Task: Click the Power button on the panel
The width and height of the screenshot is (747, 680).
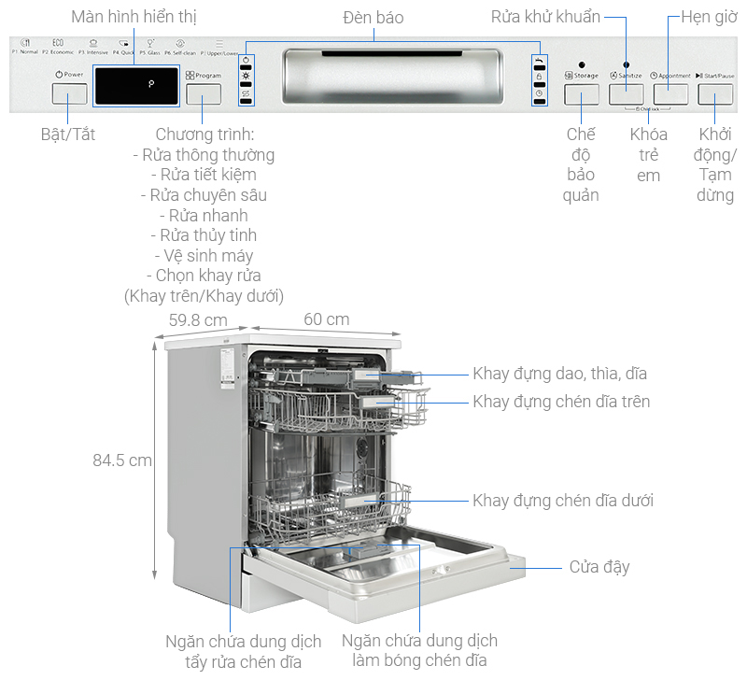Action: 69,93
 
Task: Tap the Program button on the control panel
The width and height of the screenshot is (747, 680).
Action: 204,93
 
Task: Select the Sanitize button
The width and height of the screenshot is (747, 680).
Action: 626,93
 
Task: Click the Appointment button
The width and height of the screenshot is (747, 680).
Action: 670,93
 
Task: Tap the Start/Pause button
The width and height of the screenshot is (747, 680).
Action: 715,93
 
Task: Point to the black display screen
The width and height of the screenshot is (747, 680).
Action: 136,84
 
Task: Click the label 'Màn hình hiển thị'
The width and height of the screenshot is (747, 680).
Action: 134,17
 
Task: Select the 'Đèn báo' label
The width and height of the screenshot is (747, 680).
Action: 374,17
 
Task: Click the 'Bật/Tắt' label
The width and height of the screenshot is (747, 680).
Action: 69,135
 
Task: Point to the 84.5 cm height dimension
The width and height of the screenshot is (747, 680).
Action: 121,460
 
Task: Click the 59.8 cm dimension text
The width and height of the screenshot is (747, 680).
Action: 197,319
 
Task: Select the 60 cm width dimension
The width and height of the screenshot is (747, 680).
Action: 326,319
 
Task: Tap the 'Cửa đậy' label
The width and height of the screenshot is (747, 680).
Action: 599,567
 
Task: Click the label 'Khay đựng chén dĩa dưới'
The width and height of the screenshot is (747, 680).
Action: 562,501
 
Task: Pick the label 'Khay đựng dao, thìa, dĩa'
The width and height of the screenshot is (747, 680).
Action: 559,374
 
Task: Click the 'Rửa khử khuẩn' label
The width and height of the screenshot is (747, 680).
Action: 545,17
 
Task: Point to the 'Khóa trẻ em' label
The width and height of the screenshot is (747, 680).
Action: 648,155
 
